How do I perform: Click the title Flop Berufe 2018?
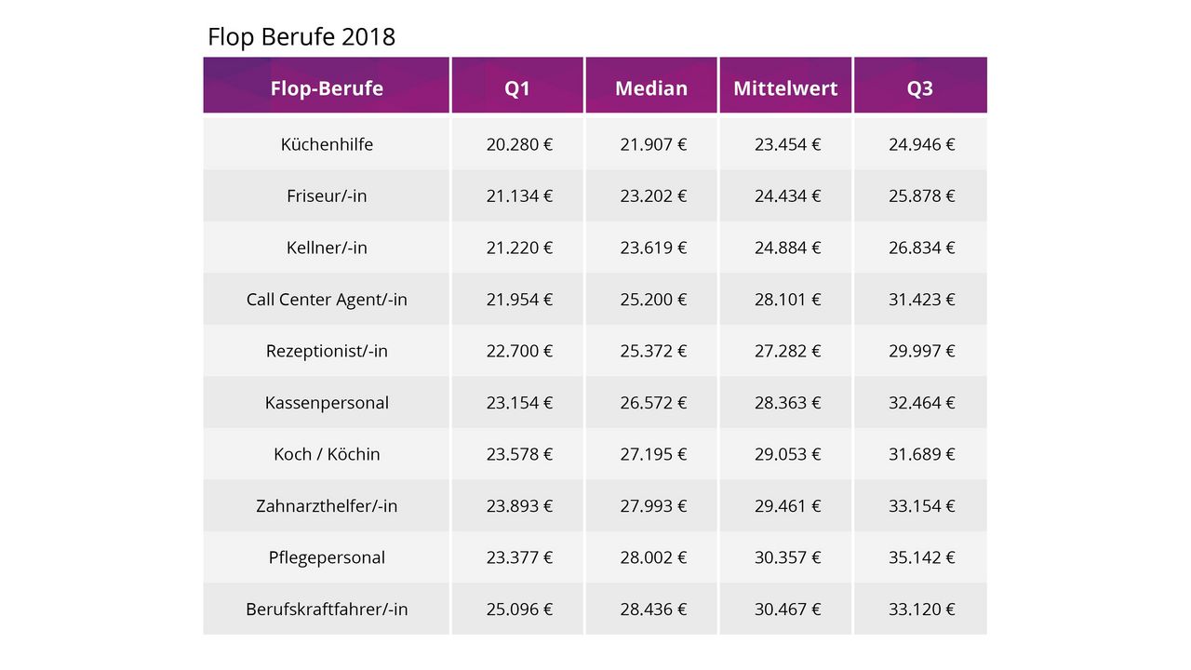click(301, 36)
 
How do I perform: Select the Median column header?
click(651, 88)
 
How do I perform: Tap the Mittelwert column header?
click(785, 88)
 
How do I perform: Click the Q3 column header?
click(920, 88)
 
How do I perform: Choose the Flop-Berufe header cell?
click(327, 88)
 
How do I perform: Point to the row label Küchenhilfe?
click(327, 144)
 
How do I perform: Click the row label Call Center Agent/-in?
click(327, 300)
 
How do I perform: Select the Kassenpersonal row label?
click(327, 403)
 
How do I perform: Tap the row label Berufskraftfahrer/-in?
click(327, 610)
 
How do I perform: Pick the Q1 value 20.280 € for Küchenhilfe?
click(519, 144)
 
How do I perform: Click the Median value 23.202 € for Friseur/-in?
click(653, 196)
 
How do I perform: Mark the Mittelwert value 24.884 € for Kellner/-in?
click(787, 248)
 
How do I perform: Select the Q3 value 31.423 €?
click(921, 300)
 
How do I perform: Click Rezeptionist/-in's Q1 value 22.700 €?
click(519, 351)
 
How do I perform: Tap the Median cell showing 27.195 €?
click(653, 454)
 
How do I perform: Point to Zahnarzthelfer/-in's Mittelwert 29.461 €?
click(787, 506)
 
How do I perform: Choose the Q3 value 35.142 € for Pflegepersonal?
click(921, 557)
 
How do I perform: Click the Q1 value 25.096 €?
click(519, 610)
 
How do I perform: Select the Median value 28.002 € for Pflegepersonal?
click(653, 557)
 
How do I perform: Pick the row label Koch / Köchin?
click(327, 454)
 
